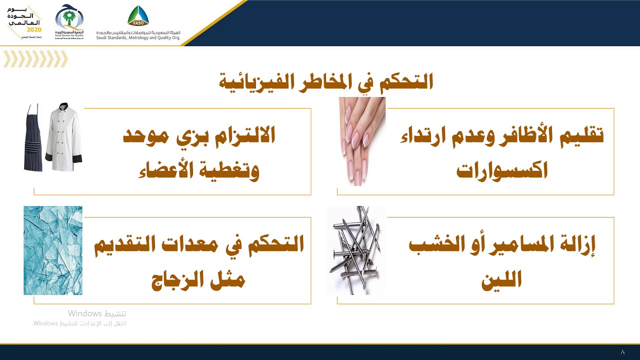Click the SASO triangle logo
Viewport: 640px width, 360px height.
coord(138,16)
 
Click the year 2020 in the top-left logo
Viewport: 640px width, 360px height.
coord(34,29)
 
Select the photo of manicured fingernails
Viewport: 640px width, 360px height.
coord(362,141)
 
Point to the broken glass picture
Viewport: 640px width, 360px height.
coord(53,250)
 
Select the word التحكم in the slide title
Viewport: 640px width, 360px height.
coord(405,80)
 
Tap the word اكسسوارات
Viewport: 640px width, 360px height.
coord(502,170)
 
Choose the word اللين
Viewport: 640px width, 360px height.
coord(501,279)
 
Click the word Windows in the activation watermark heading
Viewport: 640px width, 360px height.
coord(85,313)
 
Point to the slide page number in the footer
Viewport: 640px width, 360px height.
coord(622,352)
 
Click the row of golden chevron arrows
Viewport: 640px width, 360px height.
coord(35,59)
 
